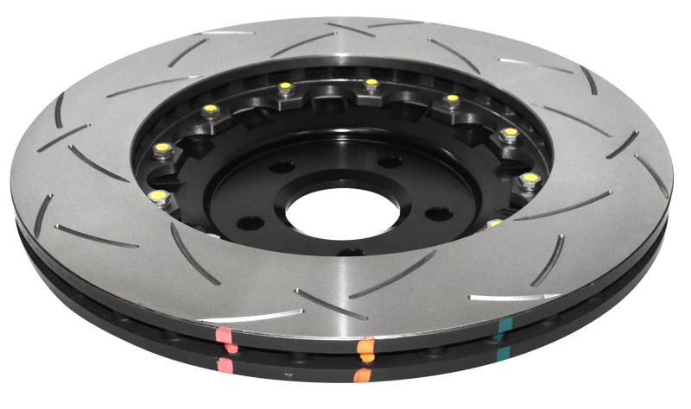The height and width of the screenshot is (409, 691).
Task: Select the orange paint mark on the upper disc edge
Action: click(366, 348)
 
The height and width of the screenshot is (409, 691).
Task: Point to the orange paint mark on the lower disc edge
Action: click(364, 375)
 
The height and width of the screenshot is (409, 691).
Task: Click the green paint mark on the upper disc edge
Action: click(504, 326)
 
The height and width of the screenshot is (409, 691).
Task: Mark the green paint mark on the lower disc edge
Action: click(502, 356)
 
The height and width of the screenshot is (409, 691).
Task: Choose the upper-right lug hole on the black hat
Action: click(390, 161)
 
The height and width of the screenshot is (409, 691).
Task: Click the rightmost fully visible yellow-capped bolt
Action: click(529, 179)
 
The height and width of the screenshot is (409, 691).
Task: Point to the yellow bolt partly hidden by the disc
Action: click(494, 223)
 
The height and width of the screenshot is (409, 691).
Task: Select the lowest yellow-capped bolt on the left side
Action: click(156, 196)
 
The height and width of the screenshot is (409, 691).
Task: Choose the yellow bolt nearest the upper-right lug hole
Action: click(451, 99)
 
